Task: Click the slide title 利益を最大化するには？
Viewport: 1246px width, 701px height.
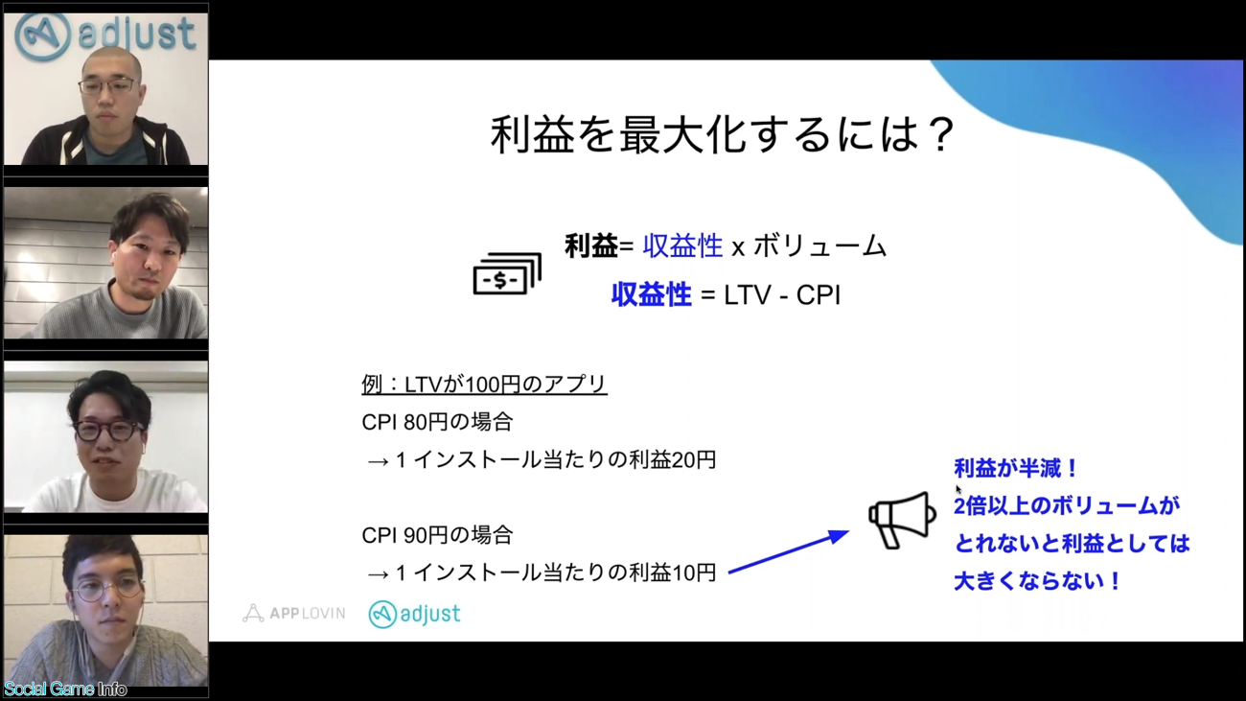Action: click(723, 134)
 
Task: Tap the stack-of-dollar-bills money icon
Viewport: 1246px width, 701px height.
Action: click(507, 273)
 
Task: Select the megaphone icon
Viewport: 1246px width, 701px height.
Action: click(902, 520)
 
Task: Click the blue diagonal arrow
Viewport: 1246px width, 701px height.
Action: click(789, 551)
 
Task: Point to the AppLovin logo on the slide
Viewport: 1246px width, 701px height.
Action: click(293, 613)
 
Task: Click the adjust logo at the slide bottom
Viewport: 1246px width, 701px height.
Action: click(414, 614)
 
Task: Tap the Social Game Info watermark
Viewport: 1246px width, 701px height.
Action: click(65, 689)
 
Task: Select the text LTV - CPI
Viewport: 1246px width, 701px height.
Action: click(781, 294)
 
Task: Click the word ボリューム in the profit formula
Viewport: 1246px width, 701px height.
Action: click(819, 245)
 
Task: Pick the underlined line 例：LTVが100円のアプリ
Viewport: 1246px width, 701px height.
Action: click(484, 385)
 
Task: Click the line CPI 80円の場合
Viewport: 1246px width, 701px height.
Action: click(437, 422)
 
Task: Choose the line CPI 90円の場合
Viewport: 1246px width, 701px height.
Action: click(437, 535)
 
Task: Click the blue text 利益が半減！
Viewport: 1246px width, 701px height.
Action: click(1016, 468)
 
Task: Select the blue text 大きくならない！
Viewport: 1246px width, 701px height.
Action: click(1037, 581)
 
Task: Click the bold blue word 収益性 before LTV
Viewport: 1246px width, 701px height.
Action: click(652, 294)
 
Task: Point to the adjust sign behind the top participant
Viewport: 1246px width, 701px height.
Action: click(105, 35)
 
